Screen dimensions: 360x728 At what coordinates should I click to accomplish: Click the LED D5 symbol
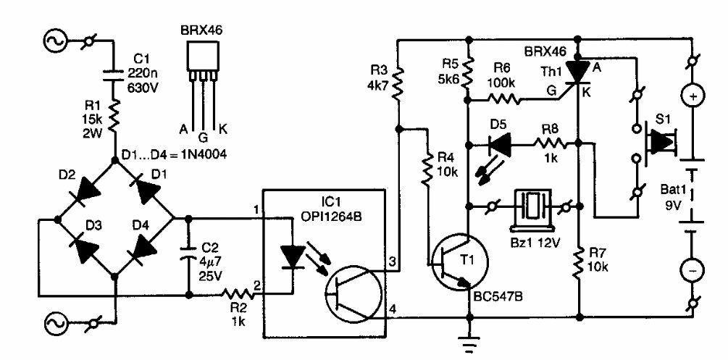[x=498, y=144]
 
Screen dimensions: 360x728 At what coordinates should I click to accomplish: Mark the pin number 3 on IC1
[x=393, y=261]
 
